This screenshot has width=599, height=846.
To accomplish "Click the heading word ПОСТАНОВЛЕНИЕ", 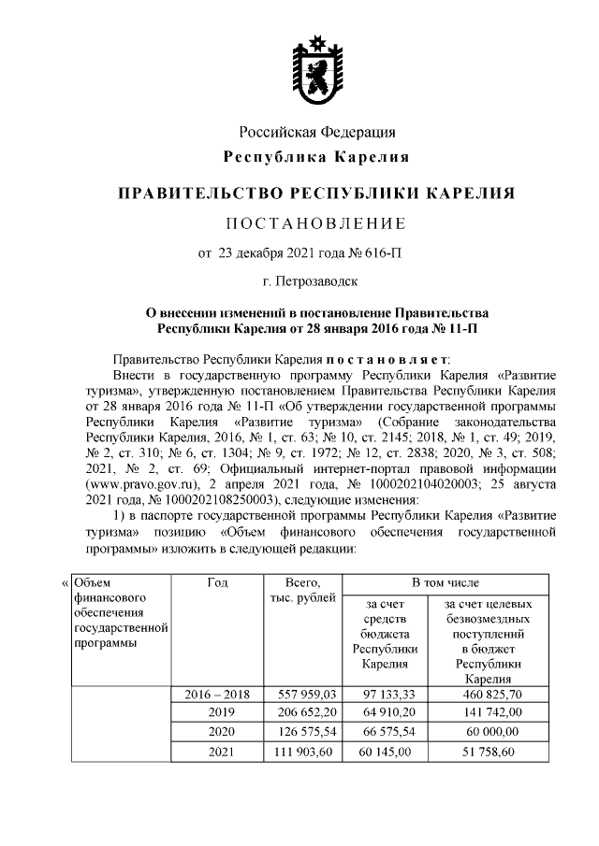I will (316, 223).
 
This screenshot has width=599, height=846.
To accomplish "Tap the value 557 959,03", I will (308, 695).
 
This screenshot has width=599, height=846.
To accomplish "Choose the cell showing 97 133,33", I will (385, 695).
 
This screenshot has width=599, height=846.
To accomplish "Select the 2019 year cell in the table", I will (218, 712).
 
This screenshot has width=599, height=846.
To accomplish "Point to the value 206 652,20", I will (308, 712).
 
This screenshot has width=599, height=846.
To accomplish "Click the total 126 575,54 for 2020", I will (308, 732).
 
